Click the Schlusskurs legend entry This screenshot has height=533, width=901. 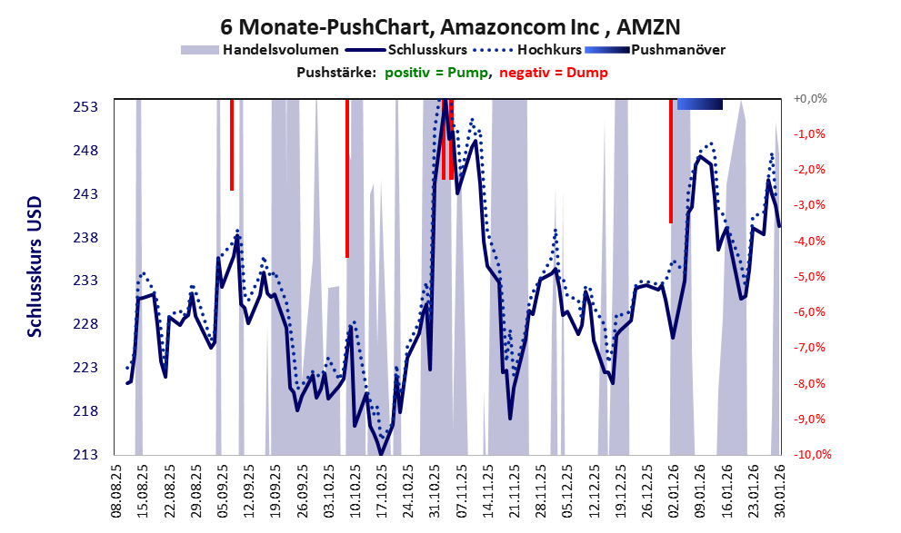click(x=427, y=50)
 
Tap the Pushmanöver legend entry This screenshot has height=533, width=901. click(x=677, y=50)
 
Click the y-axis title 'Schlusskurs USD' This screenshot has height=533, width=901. click(x=35, y=277)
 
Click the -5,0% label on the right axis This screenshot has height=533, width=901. click(x=810, y=276)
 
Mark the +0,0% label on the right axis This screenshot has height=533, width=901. click(x=809, y=98)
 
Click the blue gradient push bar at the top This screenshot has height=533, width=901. click(x=700, y=104)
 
